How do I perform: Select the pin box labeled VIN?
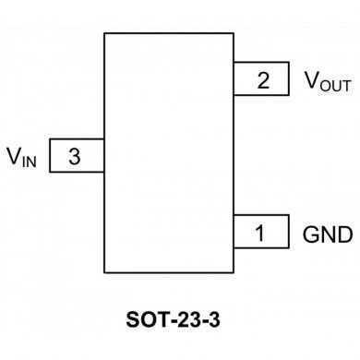76,156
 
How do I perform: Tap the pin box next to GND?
260,233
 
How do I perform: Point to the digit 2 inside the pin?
264,80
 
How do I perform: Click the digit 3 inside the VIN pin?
74,157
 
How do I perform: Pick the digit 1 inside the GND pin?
259,234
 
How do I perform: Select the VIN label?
22,157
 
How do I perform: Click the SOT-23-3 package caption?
179,322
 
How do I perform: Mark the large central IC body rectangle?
168,152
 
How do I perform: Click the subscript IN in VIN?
30,161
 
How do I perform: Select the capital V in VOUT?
311,78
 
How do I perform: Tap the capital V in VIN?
14,155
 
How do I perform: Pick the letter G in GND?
309,233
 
